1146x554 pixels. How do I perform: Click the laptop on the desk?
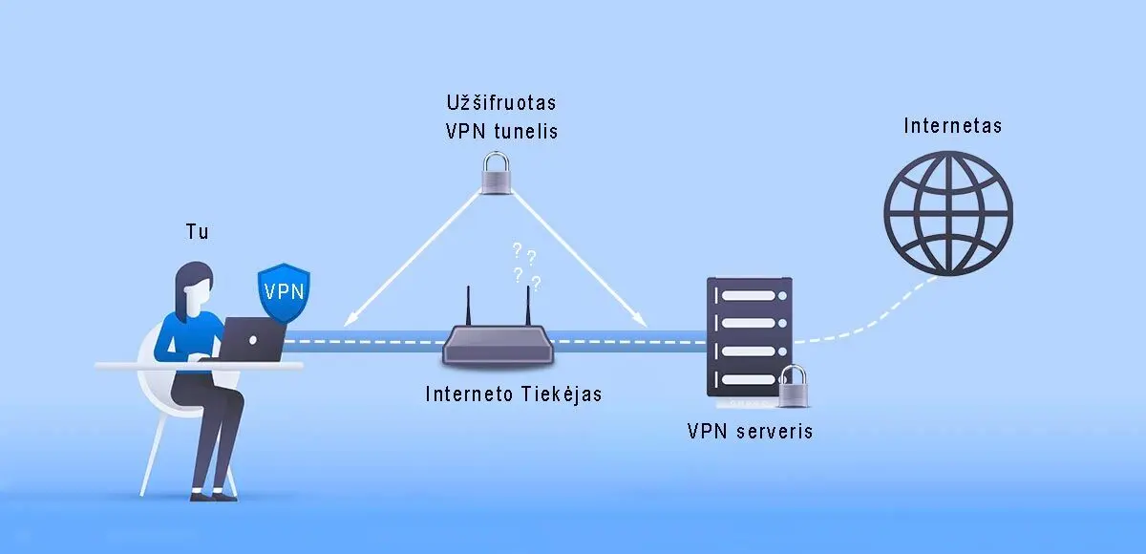click(x=253, y=339)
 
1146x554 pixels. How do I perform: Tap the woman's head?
click(x=194, y=281)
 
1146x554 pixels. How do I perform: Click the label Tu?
click(x=196, y=232)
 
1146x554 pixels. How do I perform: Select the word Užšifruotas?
click(x=500, y=101)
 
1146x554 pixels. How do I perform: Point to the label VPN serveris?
click(x=750, y=431)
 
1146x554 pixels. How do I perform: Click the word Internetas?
click(x=952, y=126)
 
